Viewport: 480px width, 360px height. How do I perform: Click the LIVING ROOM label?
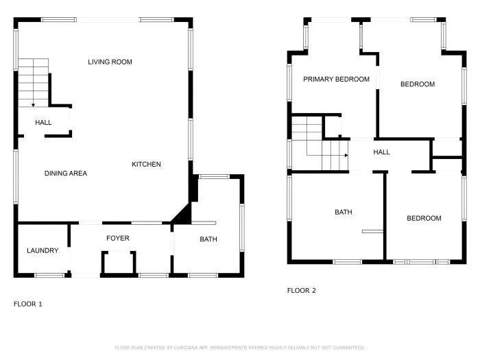pos(110,62)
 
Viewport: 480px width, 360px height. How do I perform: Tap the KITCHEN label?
pos(146,165)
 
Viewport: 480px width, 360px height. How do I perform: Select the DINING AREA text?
pos(66,173)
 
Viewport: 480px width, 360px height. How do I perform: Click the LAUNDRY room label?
pos(43,251)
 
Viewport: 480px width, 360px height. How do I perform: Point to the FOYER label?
pos(117,239)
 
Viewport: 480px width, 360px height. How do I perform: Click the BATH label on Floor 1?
pos(208,239)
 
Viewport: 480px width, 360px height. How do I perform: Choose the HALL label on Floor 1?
pos(43,123)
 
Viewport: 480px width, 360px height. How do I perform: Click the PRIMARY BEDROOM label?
pos(336,80)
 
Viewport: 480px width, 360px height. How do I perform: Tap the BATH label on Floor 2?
pos(343,213)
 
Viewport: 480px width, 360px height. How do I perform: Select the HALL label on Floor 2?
pos(381,152)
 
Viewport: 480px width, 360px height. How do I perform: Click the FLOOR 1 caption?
pos(28,303)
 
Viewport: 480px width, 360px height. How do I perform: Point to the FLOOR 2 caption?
pos(301,291)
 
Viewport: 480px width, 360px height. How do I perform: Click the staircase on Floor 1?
pos(34,81)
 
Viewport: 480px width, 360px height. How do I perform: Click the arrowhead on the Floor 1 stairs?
pos(33,105)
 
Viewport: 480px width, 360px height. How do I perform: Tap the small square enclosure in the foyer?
pos(119,262)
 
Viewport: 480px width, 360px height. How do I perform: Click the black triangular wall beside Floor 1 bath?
pos(182,215)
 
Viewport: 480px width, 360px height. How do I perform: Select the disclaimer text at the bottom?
pos(239,348)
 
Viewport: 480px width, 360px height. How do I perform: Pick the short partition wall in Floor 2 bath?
pos(372,232)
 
